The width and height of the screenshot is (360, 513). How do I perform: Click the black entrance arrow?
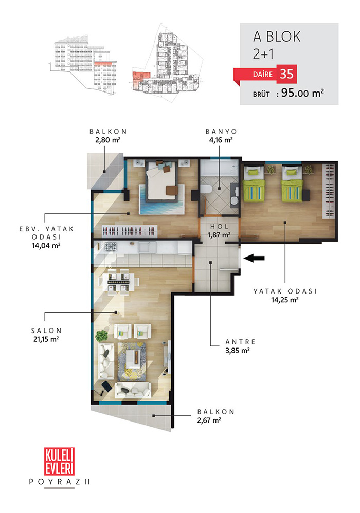click(x=254, y=258)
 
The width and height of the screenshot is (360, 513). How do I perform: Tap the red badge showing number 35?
click(x=286, y=74)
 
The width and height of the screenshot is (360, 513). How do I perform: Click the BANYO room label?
click(x=221, y=132)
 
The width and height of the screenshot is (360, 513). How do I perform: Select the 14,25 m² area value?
click(x=285, y=300)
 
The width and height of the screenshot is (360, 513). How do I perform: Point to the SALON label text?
click(x=46, y=331)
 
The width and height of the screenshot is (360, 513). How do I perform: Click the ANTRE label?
click(x=240, y=342)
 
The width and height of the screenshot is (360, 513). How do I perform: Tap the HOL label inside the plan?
click(x=219, y=226)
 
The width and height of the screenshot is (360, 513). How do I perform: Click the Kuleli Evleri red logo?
click(x=59, y=462)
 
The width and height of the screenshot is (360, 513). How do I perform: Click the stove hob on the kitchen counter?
click(x=111, y=247)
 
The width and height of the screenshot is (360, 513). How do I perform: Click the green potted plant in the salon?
click(x=102, y=336)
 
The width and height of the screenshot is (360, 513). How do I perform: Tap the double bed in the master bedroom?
click(x=162, y=180)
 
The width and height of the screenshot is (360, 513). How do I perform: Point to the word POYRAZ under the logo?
click(x=56, y=482)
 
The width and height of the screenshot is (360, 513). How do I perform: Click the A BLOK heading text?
click(x=277, y=37)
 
